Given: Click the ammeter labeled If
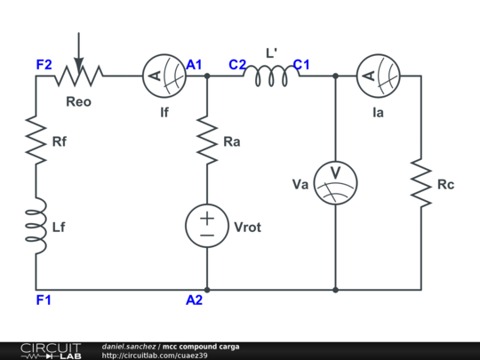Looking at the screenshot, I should click(164, 76).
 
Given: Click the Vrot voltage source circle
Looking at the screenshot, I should click(207, 227).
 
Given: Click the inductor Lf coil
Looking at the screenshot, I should click(36, 227).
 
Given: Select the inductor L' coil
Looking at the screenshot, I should click(271, 76).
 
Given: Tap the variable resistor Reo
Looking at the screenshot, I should click(78, 76).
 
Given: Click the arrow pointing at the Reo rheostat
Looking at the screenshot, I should click(78, 49).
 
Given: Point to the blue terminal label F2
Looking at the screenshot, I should click(44, 64).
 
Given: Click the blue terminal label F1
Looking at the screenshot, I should click(44, 300).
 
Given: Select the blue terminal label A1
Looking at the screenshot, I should click(195, 64).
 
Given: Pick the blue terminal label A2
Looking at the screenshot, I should click(195, 300).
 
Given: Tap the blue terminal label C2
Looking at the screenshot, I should click(236, 64).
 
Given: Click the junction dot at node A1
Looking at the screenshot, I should click(207, 76).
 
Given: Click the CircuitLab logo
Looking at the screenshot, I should click(51, 350).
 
